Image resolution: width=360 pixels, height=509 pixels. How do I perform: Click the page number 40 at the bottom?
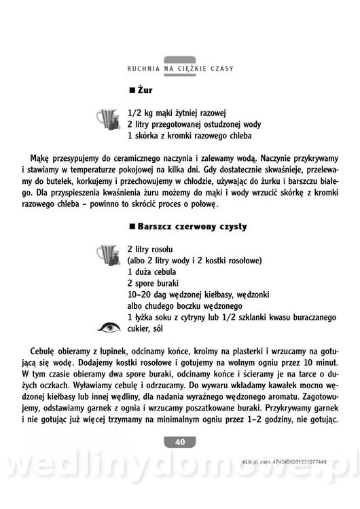(180, 442)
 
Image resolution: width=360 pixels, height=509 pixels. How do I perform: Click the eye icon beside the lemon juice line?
(107, 328)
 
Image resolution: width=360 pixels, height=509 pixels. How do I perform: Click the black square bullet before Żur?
(132, 91)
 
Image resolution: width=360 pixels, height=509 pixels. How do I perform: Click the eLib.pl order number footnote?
(293, 461)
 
